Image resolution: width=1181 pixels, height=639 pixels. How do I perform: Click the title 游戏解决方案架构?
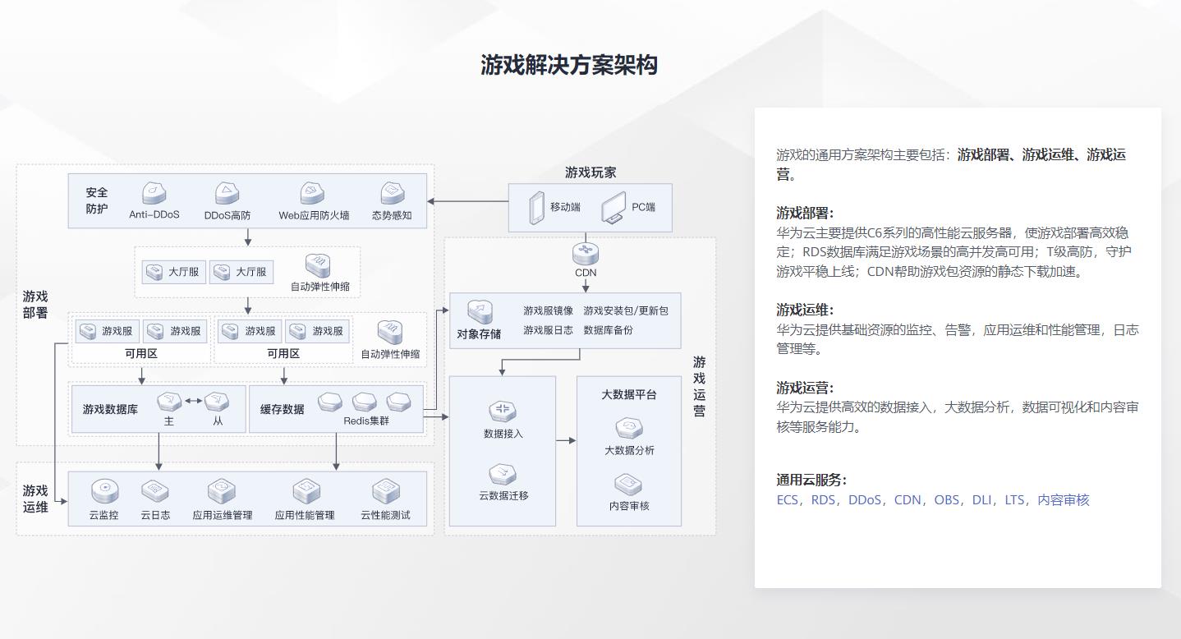pyautogui.click(x=569, y=65)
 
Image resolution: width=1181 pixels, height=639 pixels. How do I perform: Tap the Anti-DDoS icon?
pyautogui.click(x=154, y=194)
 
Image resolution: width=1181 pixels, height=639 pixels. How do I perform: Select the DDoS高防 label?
pyautogui.click(x=227, y=215)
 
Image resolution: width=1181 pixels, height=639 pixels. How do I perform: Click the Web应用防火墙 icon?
pyautogui.click(x=313, y=194)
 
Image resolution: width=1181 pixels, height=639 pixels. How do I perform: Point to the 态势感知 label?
pyautogui.click(x=392, y=215)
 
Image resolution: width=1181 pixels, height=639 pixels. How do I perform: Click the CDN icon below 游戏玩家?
pyautogui.click(x=586, y=251)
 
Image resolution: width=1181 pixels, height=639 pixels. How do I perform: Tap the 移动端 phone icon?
pyautogui.click(x=537, y=207)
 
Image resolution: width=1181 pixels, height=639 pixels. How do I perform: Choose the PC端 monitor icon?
pyautogui.click(x=613, y=209)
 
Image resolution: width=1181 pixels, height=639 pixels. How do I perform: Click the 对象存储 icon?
pyautogui.click(x=479, y=311)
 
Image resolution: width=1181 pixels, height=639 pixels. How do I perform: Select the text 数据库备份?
pyautogui.click(x=608, y=330)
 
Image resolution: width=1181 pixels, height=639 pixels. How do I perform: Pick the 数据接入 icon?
pyautogui.click(x=503, y=411)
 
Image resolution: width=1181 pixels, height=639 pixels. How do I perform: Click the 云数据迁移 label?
pyautogui.click(x=503, y=495)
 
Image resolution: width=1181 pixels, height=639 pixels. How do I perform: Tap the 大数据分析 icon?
pyautogui.click(x=629, y=428)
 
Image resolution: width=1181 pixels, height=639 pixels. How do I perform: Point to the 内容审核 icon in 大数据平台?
pyautogui.click(x=629, y=484)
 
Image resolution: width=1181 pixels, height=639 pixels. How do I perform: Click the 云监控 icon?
pyautogui.click(x=104, y=491)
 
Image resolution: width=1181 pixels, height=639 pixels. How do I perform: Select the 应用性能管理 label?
pyautogui.click(x=305, y=515)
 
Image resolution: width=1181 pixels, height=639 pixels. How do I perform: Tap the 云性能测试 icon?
pyautogui.click(x=385, y=491)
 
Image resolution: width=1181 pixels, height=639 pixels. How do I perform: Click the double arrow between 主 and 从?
pyautogui.click(x=193, y=401)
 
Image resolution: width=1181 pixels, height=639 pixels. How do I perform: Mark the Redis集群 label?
pyautogui.click(x=366, y=421)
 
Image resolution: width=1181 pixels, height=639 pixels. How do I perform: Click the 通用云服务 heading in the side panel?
pyautogui.click(x=811, y=480)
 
